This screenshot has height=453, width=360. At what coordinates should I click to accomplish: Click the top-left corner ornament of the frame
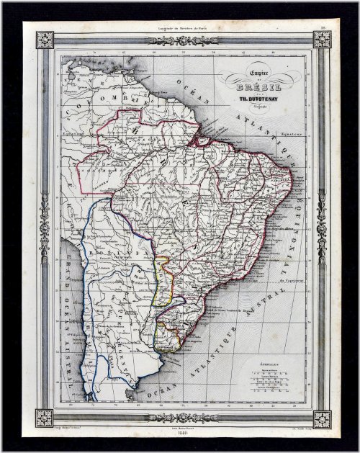(x=44, y=39)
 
